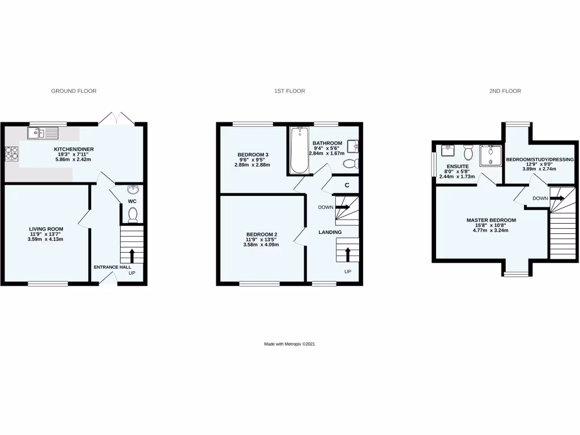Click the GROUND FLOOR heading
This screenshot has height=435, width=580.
pos(74,91)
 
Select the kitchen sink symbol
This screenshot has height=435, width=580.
pos(42,134)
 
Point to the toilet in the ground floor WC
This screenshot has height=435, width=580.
pos(133,215)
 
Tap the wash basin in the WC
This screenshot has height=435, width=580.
pos(133,190)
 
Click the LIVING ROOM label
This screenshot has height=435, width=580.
pos(45,228)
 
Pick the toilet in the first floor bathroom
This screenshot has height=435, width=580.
pos(350,164)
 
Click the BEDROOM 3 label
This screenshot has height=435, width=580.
pos(253,155)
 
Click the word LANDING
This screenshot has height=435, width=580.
pos(330,232)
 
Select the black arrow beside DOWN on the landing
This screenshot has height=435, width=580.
pos(342,207)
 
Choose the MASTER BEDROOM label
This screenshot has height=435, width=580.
pos(491,220)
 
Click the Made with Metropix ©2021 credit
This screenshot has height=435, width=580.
pos(289,344)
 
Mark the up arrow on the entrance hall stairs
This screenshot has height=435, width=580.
pos(132,254)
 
